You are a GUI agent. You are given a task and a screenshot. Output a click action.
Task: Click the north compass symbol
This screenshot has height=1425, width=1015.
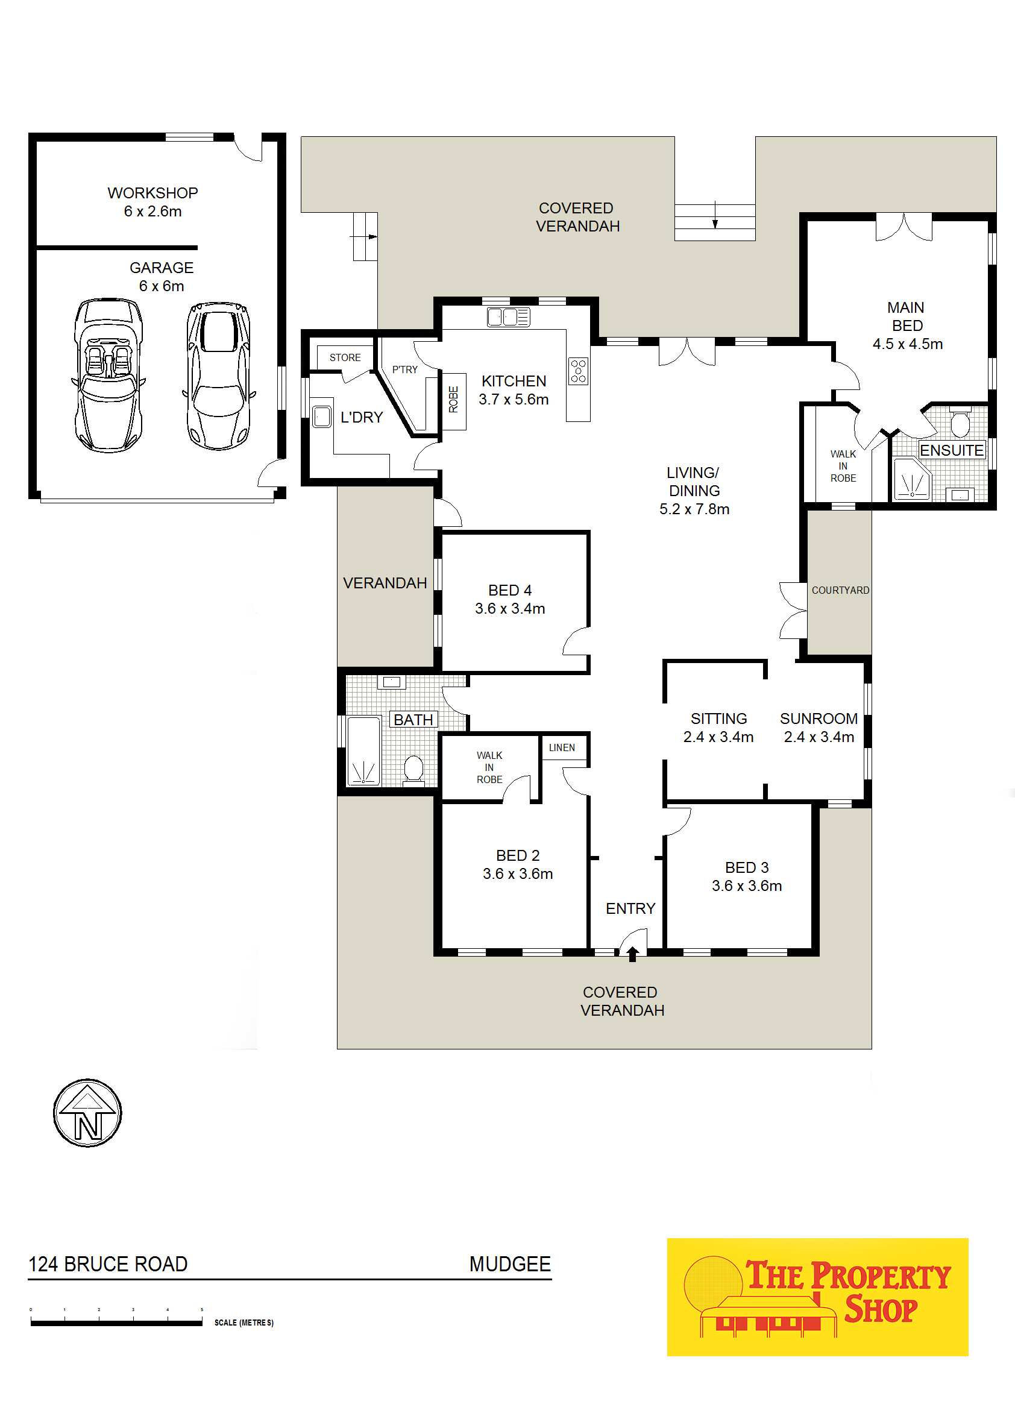pos(87,1113)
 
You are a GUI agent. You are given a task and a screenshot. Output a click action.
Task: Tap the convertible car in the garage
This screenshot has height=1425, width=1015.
pos(109,375)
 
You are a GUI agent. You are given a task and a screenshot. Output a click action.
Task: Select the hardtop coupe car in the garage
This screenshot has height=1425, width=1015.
pos(219,376)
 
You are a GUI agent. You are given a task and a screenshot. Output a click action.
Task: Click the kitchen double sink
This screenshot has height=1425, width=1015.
pos(508,317)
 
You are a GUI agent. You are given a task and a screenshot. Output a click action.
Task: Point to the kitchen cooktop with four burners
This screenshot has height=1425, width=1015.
pos(578,371)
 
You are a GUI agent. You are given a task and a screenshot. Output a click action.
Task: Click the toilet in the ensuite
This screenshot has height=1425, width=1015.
pos(960,423)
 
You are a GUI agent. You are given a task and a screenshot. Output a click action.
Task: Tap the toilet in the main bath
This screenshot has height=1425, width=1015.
pos(413,768)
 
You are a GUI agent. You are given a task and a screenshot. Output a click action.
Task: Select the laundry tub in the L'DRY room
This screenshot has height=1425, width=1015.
pos(321,417)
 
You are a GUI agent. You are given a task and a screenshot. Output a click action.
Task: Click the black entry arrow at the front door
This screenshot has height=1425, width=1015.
pos(632,954)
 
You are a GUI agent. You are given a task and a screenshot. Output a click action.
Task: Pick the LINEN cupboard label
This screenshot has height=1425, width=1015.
pos(562,747)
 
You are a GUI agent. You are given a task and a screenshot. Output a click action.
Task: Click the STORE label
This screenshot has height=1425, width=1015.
pos(345,357)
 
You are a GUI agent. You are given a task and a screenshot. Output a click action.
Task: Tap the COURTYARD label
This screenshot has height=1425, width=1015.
pos(841,590)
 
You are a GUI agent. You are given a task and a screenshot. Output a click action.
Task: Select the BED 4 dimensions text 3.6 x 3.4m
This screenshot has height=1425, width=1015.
pos(510,608)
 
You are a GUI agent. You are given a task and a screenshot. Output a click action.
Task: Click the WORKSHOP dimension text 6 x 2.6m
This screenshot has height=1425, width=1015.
pos(152,211)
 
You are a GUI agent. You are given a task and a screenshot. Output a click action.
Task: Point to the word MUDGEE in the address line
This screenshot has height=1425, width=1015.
pos(510,1263)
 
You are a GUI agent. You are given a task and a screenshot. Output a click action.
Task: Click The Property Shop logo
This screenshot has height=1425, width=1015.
pos(817,1297)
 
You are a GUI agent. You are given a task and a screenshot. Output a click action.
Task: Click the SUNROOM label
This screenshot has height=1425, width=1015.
pos(819,719)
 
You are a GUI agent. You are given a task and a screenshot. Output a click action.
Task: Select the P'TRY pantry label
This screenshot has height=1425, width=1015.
pos(405,370)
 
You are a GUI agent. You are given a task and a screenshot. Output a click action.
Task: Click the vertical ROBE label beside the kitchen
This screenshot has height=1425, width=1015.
pos(454,400)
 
